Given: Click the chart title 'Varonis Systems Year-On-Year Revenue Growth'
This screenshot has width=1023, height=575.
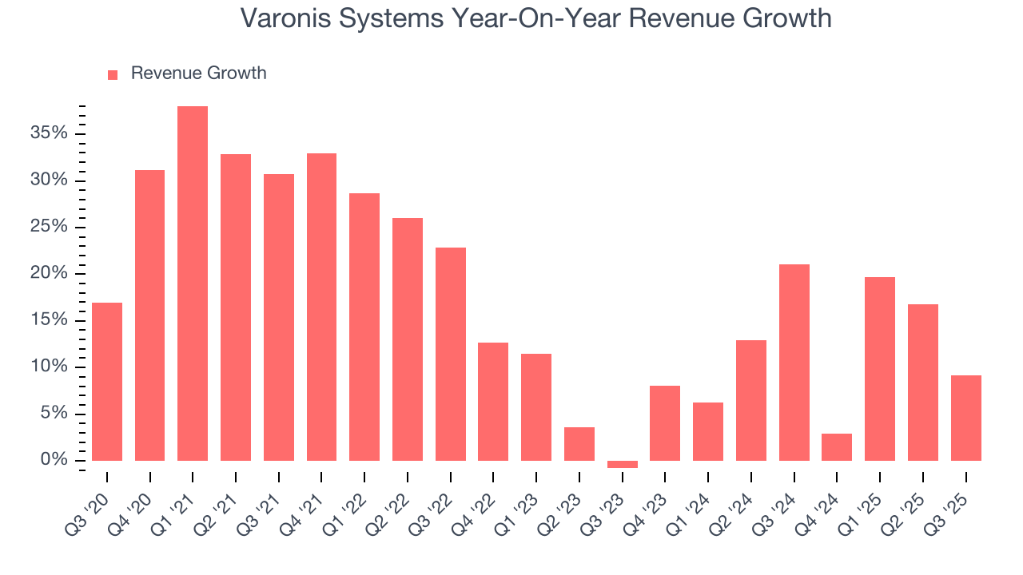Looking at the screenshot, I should [535, 18].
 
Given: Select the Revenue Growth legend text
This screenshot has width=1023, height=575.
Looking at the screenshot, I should [198, 73].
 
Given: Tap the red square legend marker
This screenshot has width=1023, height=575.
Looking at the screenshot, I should [113, 74].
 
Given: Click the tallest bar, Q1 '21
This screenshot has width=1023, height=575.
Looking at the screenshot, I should [193, 284].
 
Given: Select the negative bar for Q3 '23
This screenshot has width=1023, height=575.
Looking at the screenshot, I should [622, 464].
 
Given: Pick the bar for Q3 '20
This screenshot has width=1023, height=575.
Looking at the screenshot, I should [107, 382].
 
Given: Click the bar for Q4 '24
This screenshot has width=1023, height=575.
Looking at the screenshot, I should [837, 447].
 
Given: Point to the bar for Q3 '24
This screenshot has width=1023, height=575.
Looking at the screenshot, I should [794, 363].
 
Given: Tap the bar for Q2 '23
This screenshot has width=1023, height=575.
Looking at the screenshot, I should [579, 444].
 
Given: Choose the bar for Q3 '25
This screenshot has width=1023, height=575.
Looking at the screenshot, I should [965, 418].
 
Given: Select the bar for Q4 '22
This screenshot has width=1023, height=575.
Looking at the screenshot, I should [493, 402].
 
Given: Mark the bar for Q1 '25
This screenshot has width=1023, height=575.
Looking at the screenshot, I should [880, 369].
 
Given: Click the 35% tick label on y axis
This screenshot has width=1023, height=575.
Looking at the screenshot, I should [49, 133].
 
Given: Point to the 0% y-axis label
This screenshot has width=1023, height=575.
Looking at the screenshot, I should [54, 461].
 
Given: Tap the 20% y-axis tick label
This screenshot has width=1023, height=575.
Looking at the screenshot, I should [49, 274].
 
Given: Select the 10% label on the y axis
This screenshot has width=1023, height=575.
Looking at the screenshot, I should [49, 367].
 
